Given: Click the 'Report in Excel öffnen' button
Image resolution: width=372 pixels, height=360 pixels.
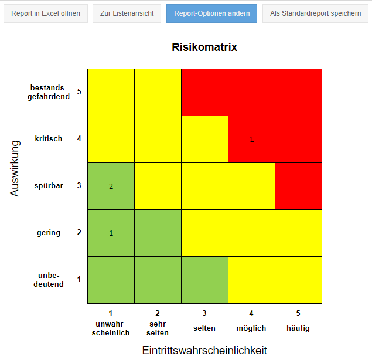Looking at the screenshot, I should [46, 13].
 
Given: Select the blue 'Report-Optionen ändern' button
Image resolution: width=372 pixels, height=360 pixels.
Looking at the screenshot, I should [211, 13].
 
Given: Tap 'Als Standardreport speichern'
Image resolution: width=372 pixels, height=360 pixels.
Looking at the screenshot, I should [315, 13].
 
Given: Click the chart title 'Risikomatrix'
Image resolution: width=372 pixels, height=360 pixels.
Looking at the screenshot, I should [204, 47].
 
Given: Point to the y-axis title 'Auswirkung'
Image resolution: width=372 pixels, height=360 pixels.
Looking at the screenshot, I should [15, 168].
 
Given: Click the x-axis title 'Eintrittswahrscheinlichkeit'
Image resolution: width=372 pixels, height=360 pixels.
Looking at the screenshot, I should [204, 350].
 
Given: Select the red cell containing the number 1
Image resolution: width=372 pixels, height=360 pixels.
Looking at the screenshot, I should [251, 139].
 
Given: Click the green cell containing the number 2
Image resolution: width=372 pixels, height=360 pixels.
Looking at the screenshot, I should [111, 186].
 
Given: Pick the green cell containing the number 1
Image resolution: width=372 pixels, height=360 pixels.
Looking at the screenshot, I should [111, 233].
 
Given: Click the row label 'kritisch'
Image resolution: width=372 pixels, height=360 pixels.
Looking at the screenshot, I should [49, 139].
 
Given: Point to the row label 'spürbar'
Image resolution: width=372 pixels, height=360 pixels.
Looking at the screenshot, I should [49, 186].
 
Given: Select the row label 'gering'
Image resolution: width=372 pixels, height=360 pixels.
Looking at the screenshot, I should [49, 233].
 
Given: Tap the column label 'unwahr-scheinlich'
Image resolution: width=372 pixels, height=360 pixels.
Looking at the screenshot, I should [111, 328].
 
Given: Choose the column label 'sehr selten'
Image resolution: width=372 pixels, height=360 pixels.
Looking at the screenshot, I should [158, 328].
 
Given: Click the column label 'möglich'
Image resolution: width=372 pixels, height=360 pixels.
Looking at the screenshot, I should [251, 328].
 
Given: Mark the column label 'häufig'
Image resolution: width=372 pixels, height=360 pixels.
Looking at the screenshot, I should [298, 328].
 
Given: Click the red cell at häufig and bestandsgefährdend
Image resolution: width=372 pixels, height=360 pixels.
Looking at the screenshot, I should [298, 92].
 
